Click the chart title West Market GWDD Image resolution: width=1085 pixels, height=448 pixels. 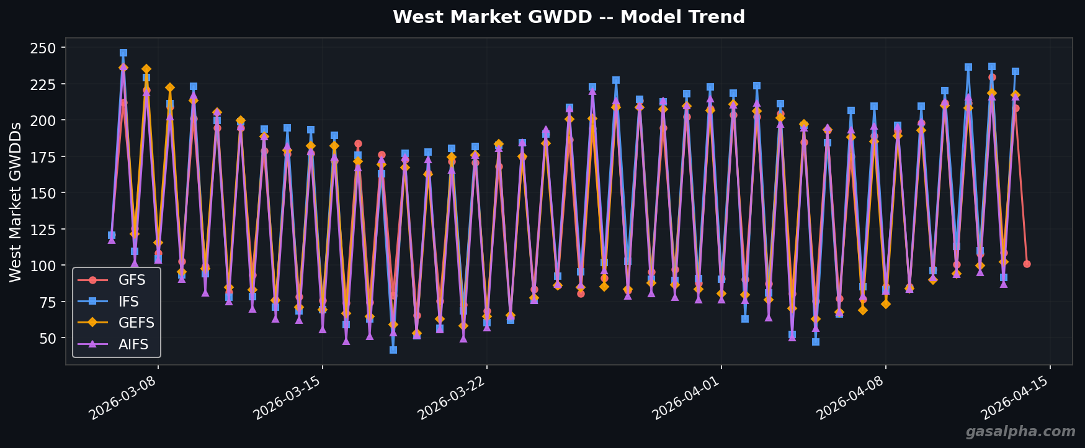coord(568,17)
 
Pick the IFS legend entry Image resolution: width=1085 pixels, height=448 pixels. coord(128,302)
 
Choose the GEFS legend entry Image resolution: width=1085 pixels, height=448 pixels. coord(136,323)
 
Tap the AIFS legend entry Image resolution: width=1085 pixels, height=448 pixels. coord(133,344)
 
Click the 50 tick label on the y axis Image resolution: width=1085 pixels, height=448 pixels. coord(47,338)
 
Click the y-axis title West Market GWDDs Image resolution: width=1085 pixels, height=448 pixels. coord(16,202)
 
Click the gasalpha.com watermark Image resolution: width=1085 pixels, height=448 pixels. coord(1020,432)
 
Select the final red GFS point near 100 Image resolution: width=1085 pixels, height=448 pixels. coord(1027,264)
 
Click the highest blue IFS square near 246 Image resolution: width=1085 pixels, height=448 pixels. coord(123,53)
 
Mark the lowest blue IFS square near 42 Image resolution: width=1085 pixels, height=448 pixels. coord(393,350)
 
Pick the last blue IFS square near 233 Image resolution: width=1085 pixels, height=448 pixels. coord(1016,71)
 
